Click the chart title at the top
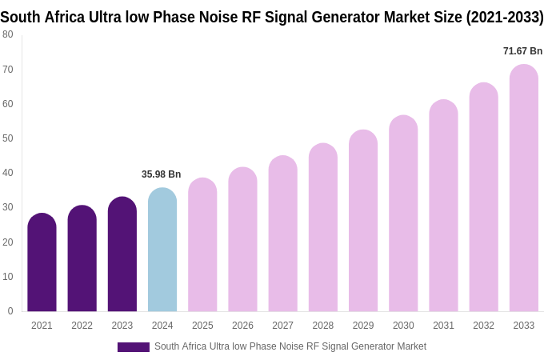tap(272, 17)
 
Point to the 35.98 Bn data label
tap(161, 174)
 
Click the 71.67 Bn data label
tap(522, 51)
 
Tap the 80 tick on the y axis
tap(8, 34)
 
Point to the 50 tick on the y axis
tap(8, 138)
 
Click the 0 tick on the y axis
tap(10, 311)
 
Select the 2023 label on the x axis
tap(122, 326)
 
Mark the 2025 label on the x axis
tap(202, 326)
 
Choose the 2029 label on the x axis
tap(363, 326)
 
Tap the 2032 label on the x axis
tap(483, 326)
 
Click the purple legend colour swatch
tap(133, 347)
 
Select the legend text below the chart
tap(290, 346)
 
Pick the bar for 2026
tap(242, 239)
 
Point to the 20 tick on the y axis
tap(8, 242)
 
